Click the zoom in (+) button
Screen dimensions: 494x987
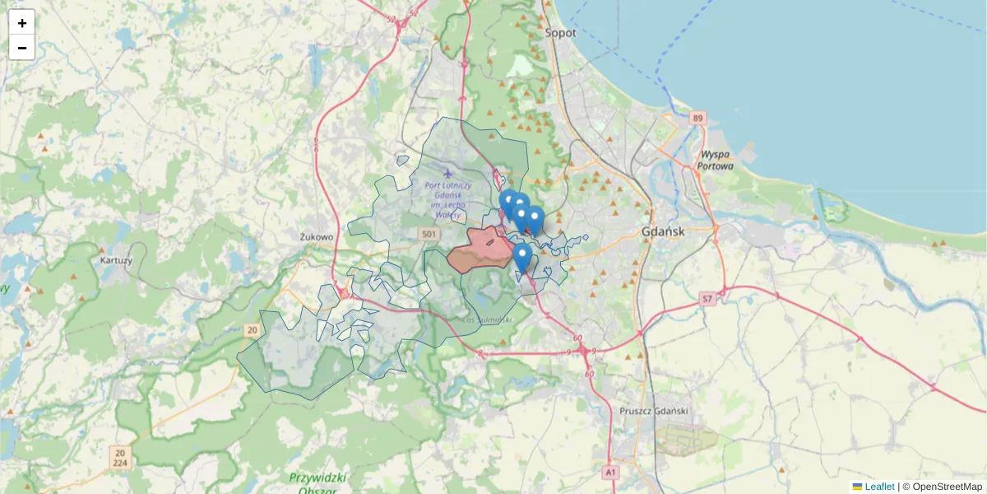[21, 23]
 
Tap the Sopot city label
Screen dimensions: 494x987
[560, 33]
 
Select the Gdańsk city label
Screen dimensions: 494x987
[663, 232]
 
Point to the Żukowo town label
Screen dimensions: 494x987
[317, 237]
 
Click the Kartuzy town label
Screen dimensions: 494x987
[115, 260]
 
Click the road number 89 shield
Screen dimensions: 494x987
[698, 119]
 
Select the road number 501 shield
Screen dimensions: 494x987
[428, 235]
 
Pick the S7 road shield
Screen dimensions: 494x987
[707, 298]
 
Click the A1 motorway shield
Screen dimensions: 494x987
[609, 473]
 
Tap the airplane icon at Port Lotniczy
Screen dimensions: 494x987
[447, 173]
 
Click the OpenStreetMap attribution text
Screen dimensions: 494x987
[947, 487]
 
